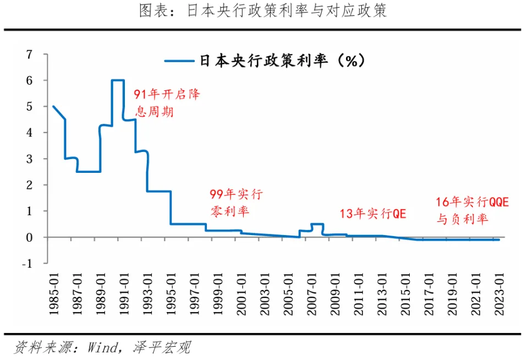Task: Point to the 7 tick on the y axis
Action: pyautogui.click(x=29, y=54)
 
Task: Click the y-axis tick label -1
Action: pyautogui.click(x=27, y=263)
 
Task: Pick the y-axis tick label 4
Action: pyautogui.click(x=29, y=133)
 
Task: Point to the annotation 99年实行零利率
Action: pyautogui.click(x=235, y=202)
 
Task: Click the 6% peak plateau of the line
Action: pyautogui.click(x=117, y=80)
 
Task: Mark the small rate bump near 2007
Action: pyautogui.click(x=317, y=224)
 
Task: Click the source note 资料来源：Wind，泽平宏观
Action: pyautogui.click(x=102, y=347)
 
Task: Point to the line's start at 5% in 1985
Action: pyautogui.click(x=53, y=106)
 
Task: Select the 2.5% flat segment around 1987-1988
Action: pyautogui.click(x=88, y=172)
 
